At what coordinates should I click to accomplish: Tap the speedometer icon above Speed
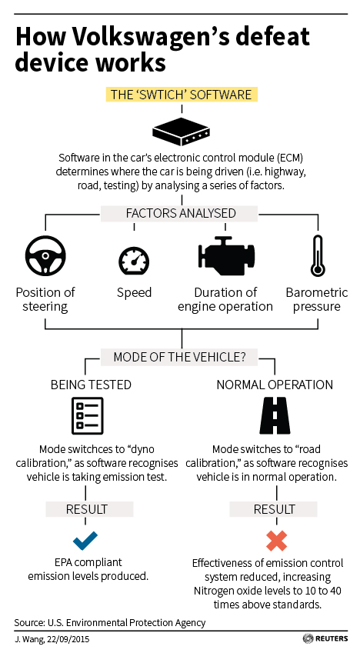134,260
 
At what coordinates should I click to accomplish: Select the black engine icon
226,255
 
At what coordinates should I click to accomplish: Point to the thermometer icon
318,255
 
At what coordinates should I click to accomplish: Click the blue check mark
85,540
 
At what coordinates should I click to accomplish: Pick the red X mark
276,541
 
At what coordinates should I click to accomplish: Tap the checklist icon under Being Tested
88,415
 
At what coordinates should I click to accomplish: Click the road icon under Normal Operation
275,415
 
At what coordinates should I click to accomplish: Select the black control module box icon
182,132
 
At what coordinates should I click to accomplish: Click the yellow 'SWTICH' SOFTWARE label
182,95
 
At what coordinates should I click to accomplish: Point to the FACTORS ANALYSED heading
182,213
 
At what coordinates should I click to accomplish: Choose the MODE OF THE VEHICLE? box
179,358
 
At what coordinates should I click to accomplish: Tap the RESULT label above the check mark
87,509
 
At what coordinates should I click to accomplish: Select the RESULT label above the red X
275,509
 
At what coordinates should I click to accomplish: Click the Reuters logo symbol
308,638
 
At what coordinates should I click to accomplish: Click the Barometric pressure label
317,299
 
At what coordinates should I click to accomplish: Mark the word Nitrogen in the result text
212,591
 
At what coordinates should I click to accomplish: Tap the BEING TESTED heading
91,385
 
